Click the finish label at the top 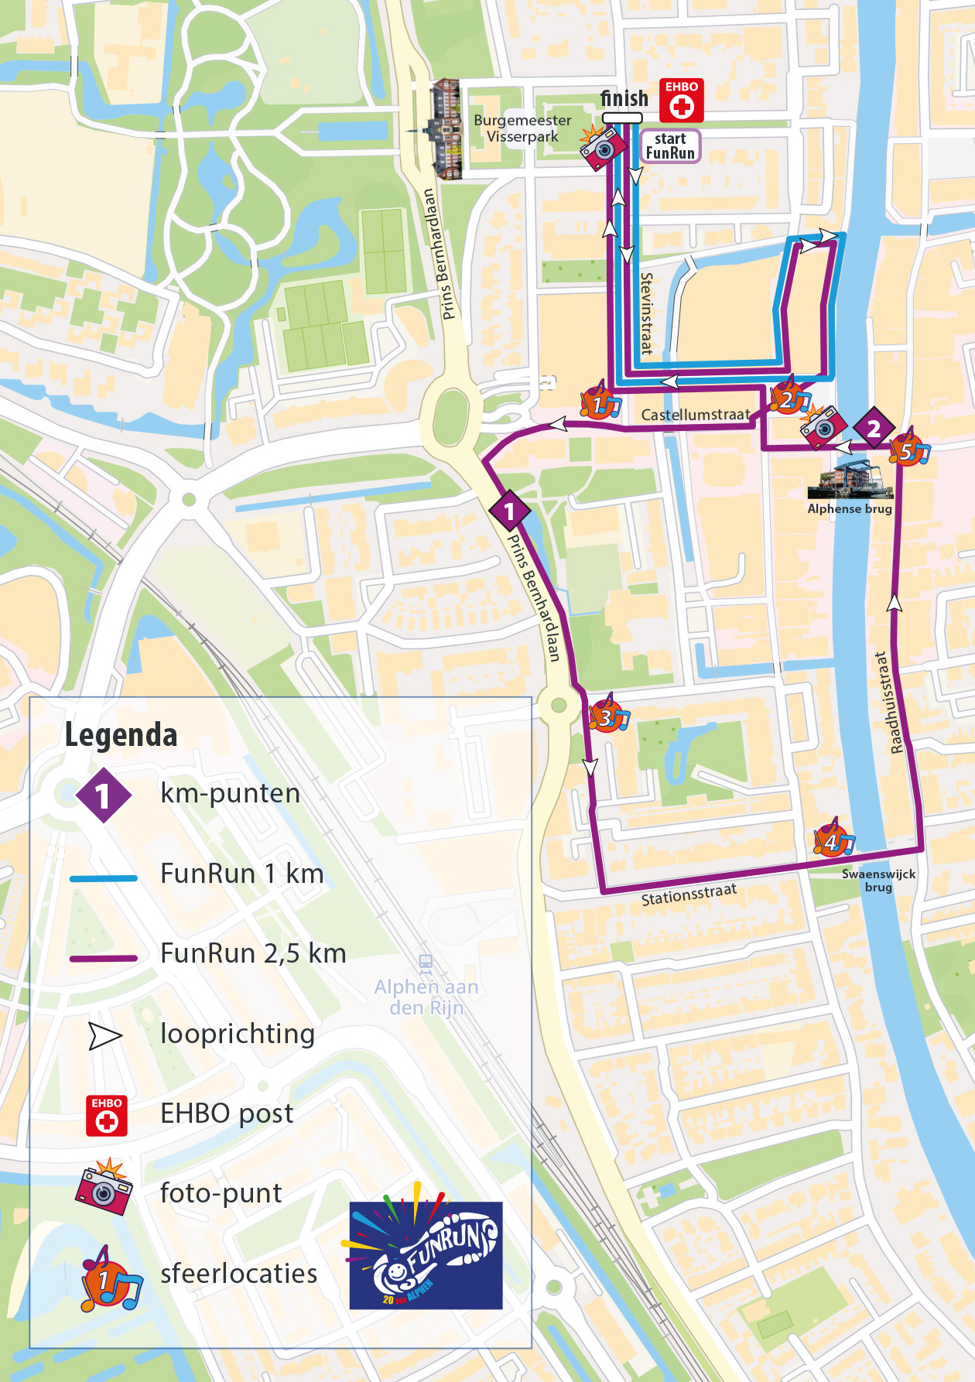[624, 99]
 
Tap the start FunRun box [670, 145]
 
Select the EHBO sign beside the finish [681, 101]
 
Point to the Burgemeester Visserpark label [522, 128]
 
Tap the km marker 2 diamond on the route [874, 428]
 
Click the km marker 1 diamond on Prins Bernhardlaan [509, 511]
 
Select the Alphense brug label [850, 509]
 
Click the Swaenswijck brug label [878, 881]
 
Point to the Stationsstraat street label [689, 895]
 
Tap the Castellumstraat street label [695, 415]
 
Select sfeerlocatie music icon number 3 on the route [608, 716]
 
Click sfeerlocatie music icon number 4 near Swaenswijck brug [833, 840]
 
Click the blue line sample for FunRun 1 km [104, 878]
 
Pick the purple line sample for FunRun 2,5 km [104, 958]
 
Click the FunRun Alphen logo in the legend [426, 1255]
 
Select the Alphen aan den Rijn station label [426, 997]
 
